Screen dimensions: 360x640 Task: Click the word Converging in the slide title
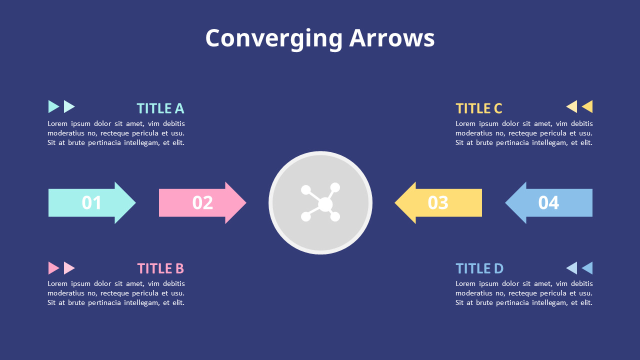(x=273, y=38)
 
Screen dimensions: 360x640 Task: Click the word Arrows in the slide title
(x=391, y=38)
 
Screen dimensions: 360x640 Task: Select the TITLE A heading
(x=160, y=108)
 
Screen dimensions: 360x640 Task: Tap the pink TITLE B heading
(x=160, y=268)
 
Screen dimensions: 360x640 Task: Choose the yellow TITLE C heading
(x=478, y=108)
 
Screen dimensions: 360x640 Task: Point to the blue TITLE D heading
(x=479, y=268)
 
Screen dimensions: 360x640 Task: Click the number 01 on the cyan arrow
(x=91, y=202)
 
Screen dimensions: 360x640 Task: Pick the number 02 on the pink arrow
(x=202, y=202)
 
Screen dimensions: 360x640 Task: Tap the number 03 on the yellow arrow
(x=438, y=202)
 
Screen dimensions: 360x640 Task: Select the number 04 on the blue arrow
(x=548, y=202)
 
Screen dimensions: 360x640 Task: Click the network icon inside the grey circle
(x=320, y=202)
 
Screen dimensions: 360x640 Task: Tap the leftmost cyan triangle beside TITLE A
(x=53, y=106)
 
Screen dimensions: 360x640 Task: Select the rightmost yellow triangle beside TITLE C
(x=588, y=106)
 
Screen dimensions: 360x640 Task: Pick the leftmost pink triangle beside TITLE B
(x=53, y=268)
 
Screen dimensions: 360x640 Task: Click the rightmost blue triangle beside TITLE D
(x=588, y=268)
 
